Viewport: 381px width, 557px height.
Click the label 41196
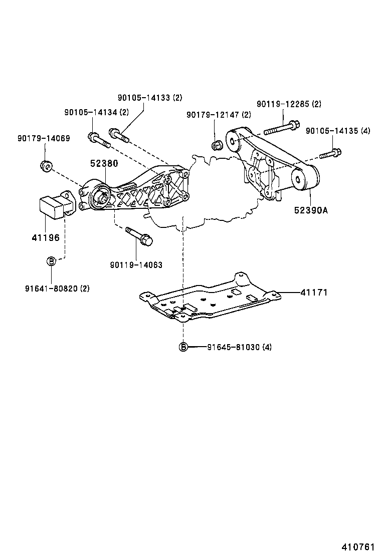(x=46, y=237)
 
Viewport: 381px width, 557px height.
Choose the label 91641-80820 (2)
(x=57, y=289)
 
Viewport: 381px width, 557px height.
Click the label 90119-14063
(x=136, y=264)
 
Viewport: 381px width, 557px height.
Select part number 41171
(x=314, y=292)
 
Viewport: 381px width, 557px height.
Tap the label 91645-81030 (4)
(x=239, y=347)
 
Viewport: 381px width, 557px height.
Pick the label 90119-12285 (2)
(x=289, y=104)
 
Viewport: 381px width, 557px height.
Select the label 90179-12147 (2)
(x=219, y=115)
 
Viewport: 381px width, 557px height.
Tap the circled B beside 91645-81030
(x=183, y=347)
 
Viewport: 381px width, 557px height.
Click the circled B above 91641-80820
(x=51, y=261)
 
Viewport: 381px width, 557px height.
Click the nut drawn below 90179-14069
(x=45, y=165)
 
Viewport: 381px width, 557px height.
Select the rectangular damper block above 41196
(x=52, y=207)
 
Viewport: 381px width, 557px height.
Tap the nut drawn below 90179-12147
(x=217, y=146)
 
